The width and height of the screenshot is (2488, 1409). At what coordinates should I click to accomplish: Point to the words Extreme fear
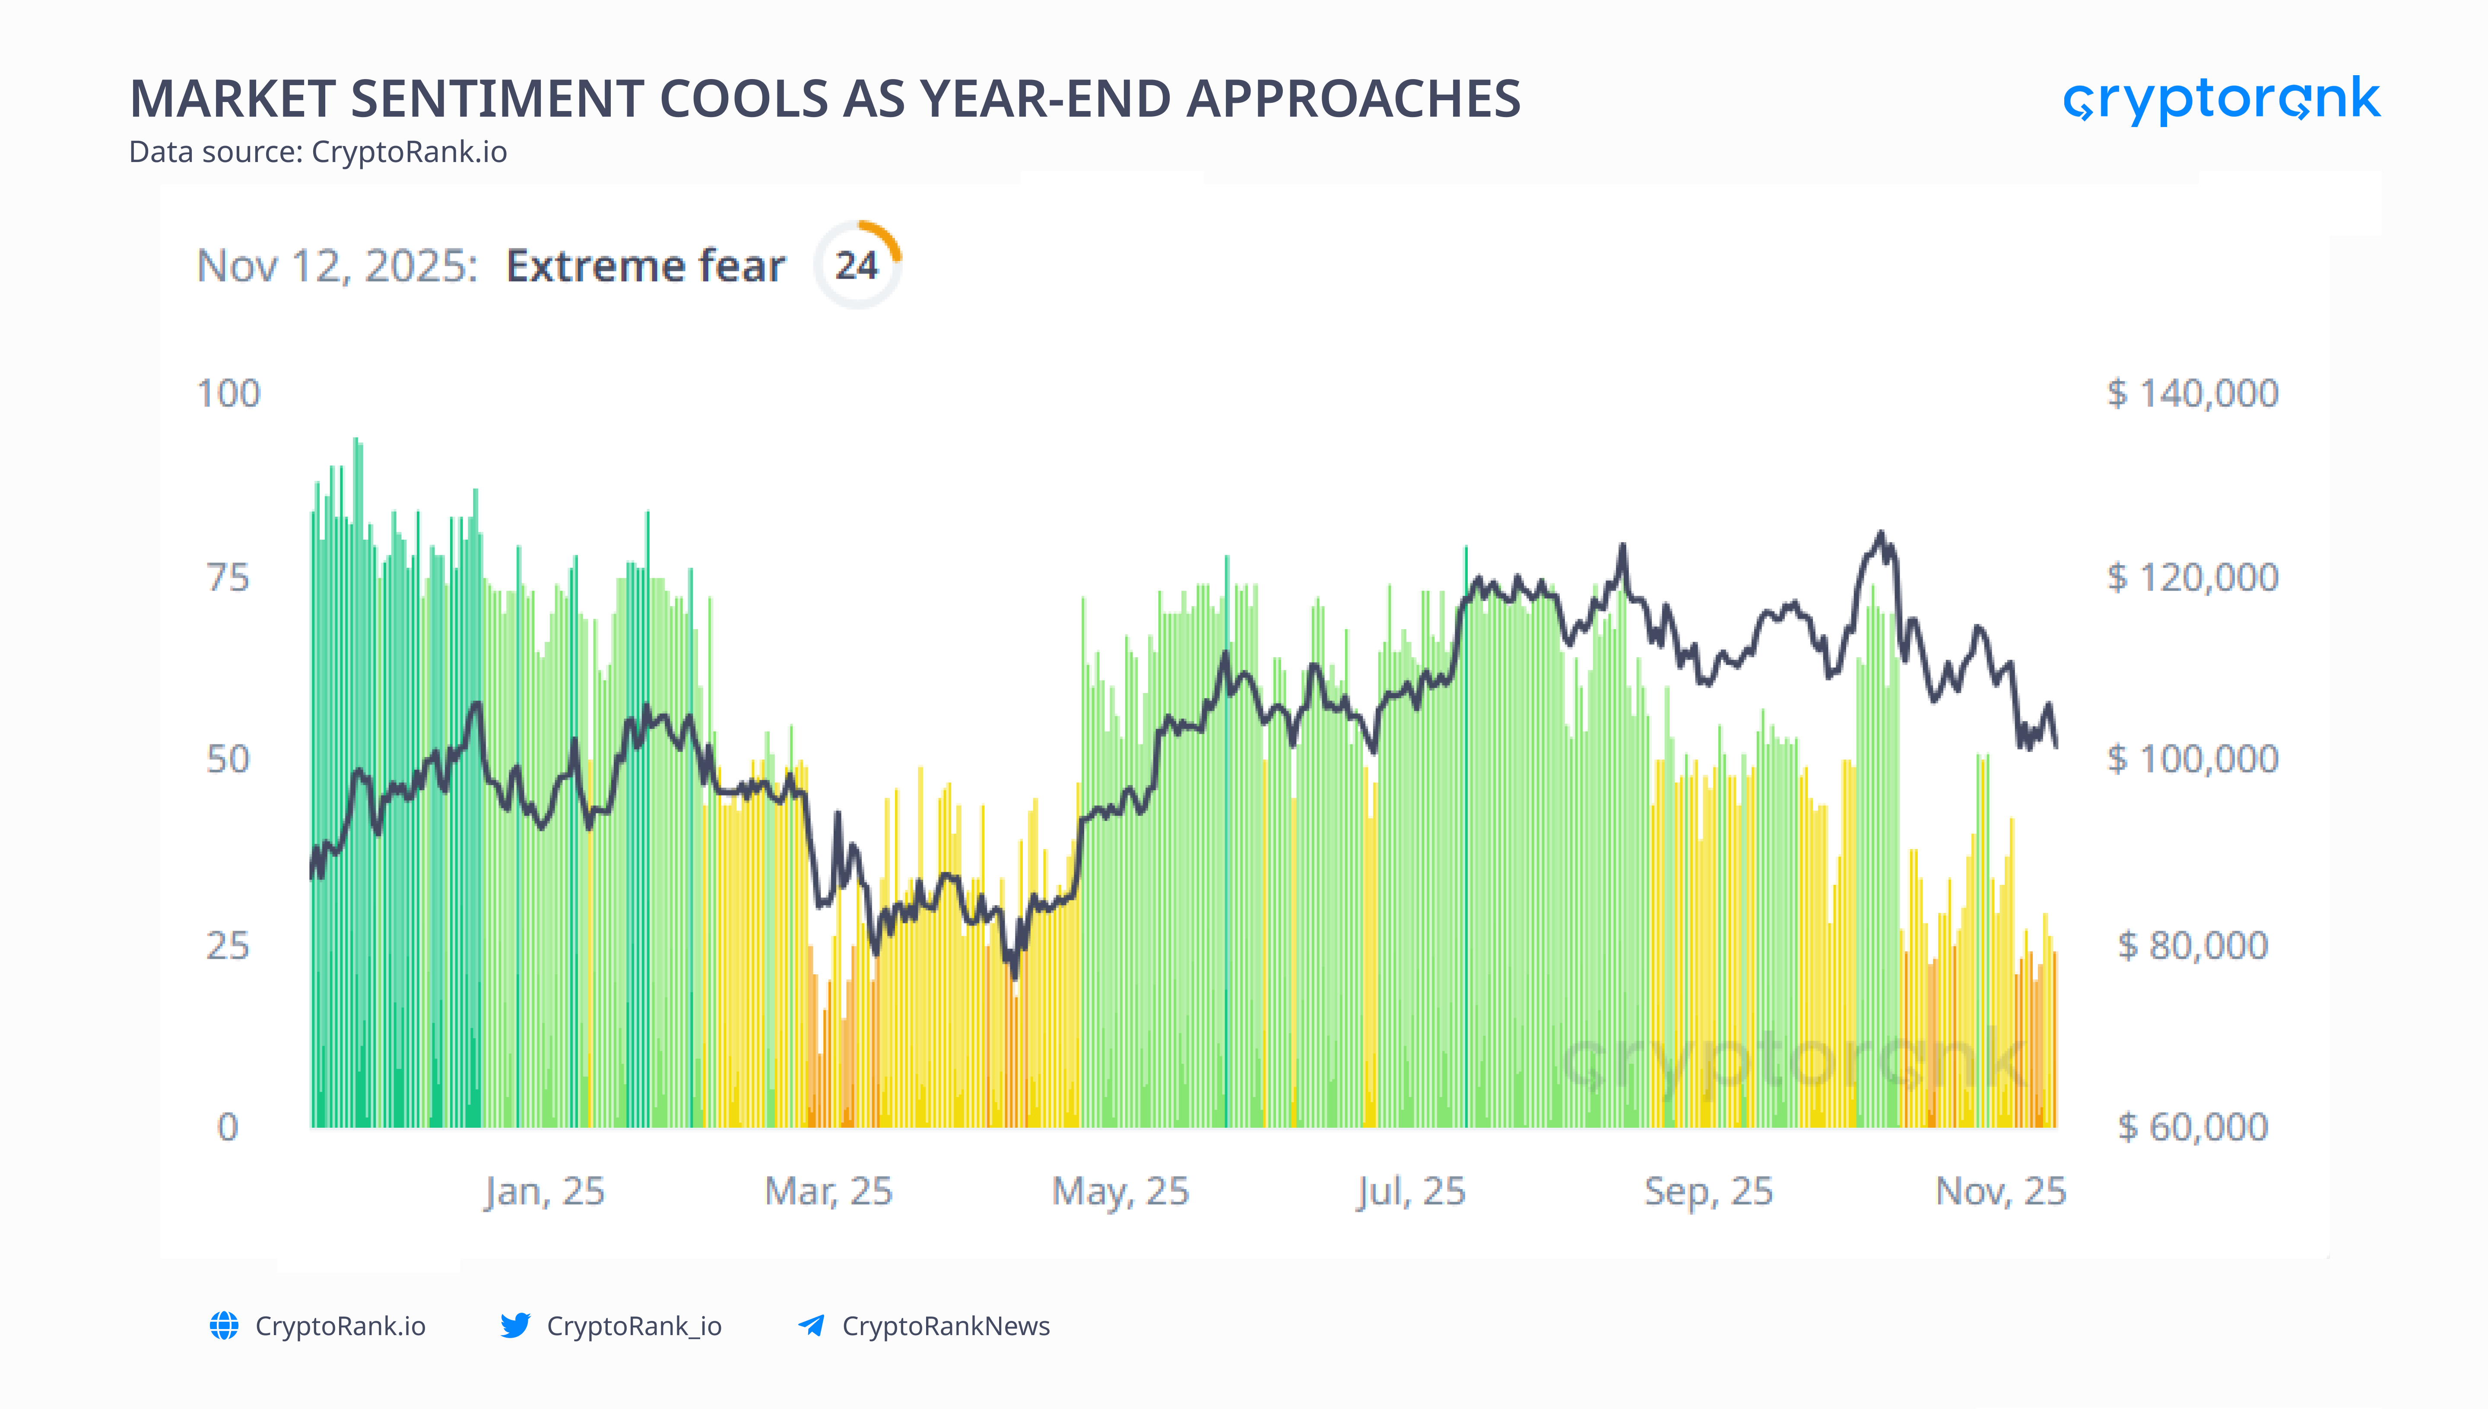(x=645, y=265)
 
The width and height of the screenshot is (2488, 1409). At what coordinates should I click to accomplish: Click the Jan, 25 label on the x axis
(x=545, y=1191)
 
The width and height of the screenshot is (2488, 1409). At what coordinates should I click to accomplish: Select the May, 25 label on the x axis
(x=1120, y=1191)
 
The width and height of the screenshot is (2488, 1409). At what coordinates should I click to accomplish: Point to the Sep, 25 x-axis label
(x=1708, y=1191)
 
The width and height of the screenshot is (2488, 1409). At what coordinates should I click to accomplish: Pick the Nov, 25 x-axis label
(x=2000, y=1191)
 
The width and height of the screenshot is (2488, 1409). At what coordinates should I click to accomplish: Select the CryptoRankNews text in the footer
(x=945, y=1326)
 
